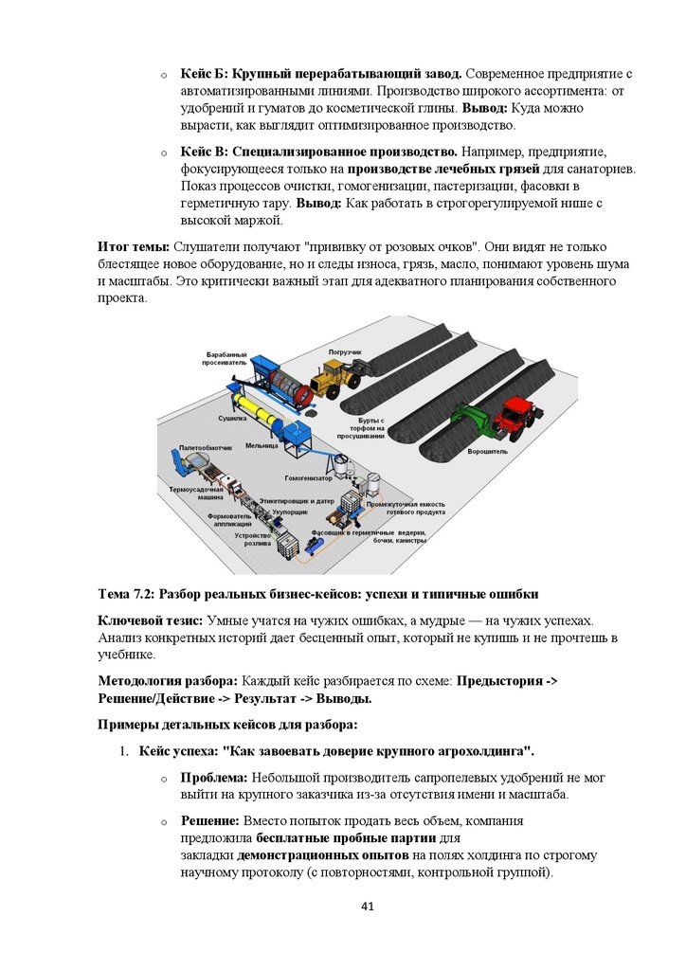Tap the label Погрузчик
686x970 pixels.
(345, 351)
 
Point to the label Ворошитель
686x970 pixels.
(487, 452)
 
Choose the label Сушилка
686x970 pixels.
(233, 417)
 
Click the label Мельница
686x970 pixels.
(261, 444)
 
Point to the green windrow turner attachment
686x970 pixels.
(473, 418)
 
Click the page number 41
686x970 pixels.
(369, 907)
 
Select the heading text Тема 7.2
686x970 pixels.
(127, 594)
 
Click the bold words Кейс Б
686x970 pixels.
(204, 74)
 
